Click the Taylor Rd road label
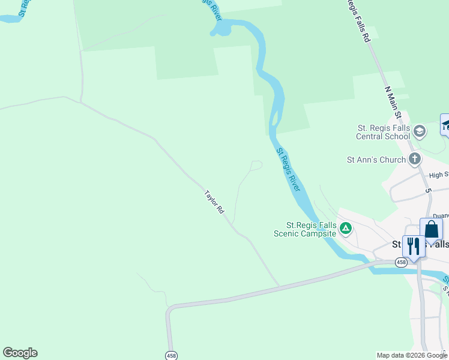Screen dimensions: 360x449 pyautogui.click(x=214, y=202)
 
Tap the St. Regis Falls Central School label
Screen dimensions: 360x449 pyautogui.click(x=383, y=132)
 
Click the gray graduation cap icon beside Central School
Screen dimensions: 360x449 pyautogui.click(x=419, y=131)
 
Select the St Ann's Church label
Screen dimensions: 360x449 pyautogui.click(x=376, y=160)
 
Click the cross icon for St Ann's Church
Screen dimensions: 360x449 pyautogui.click(x=414, y=159)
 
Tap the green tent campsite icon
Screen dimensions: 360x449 pyautogui.click(x=346, y=228)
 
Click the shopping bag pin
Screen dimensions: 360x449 pyautogui.click(x=431, y=230)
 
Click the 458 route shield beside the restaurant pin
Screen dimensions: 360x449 pyautogui.click(x=401, y=262)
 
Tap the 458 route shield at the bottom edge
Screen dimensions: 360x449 pyautogui.click(x=172, y=355)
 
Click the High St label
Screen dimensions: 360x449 pyautogui.click(x=439, y=175)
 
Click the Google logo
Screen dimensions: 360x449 pyautogui.click(x=20, y=353)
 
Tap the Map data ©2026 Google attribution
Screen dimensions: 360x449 pyautogui.click(x=412, y=355)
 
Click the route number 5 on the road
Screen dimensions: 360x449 pyautogui.click(x=429, y=191)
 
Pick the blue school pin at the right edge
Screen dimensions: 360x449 pyautogui.click(x=445, y=124)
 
